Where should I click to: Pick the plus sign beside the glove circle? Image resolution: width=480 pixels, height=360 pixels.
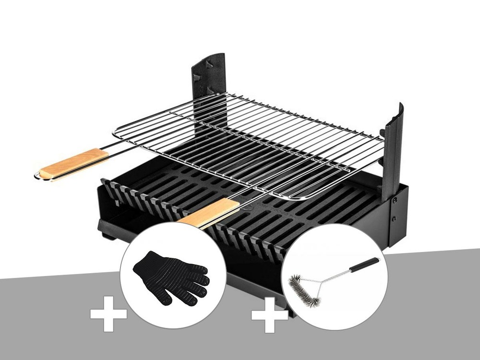coord(108,314)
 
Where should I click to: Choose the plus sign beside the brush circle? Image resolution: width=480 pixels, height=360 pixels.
coord(269,315)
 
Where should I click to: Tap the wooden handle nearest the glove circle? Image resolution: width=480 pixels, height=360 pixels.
coord(210,213)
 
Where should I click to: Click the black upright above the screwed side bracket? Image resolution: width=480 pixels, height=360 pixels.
coord(392,149)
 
